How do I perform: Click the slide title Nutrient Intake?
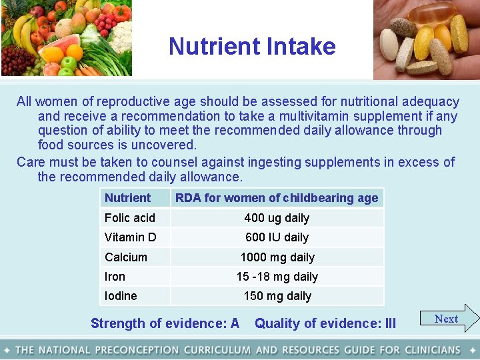pyautogui.click(x=252, y=46)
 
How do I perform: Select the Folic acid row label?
pyautogui.click(x=130, y=217)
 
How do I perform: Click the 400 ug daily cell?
pyautogui.click(x=277, y=217)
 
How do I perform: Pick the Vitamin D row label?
pyautogui.click(x=131, y=237)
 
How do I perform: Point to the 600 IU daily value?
pyautogui.click(x=277, y=237)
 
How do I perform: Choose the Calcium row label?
pyautogui.click(x=126, y=257)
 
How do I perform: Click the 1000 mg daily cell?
pyautogui.click(x=277, y=257)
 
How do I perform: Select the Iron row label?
pyautogui.click(x=115, y=276)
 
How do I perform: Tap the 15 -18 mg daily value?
pyautogui.click(x=277, y=276)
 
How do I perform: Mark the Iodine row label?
pyautogui.click(x=121, y=295)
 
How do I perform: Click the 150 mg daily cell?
pyautogui.click(x=277, y=295)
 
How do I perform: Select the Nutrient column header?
pyautogui.click(x=127, y=197)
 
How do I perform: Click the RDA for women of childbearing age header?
pyautogui.click(x=277, y=197)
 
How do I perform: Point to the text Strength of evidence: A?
pyautogui.click(x=165, y=323)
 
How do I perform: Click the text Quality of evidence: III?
pyautogui.click(x=325, y=323)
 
